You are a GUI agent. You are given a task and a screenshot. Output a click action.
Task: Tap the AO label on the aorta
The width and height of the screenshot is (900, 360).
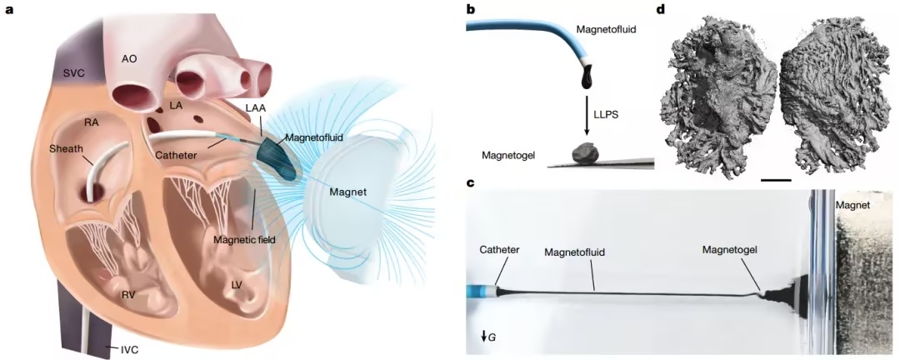[x=129, y=59]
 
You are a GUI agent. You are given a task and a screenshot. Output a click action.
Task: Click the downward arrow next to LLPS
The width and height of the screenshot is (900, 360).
[x=588, y=115]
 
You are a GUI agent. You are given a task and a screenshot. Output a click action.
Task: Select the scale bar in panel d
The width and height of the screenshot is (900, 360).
[x=775, y=178]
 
